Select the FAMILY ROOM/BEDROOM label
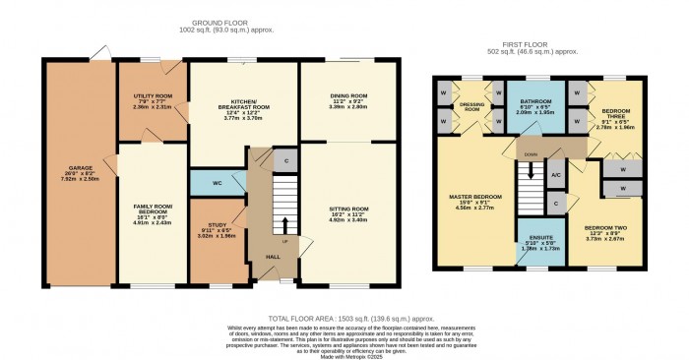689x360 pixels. (x=153, y=210)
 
